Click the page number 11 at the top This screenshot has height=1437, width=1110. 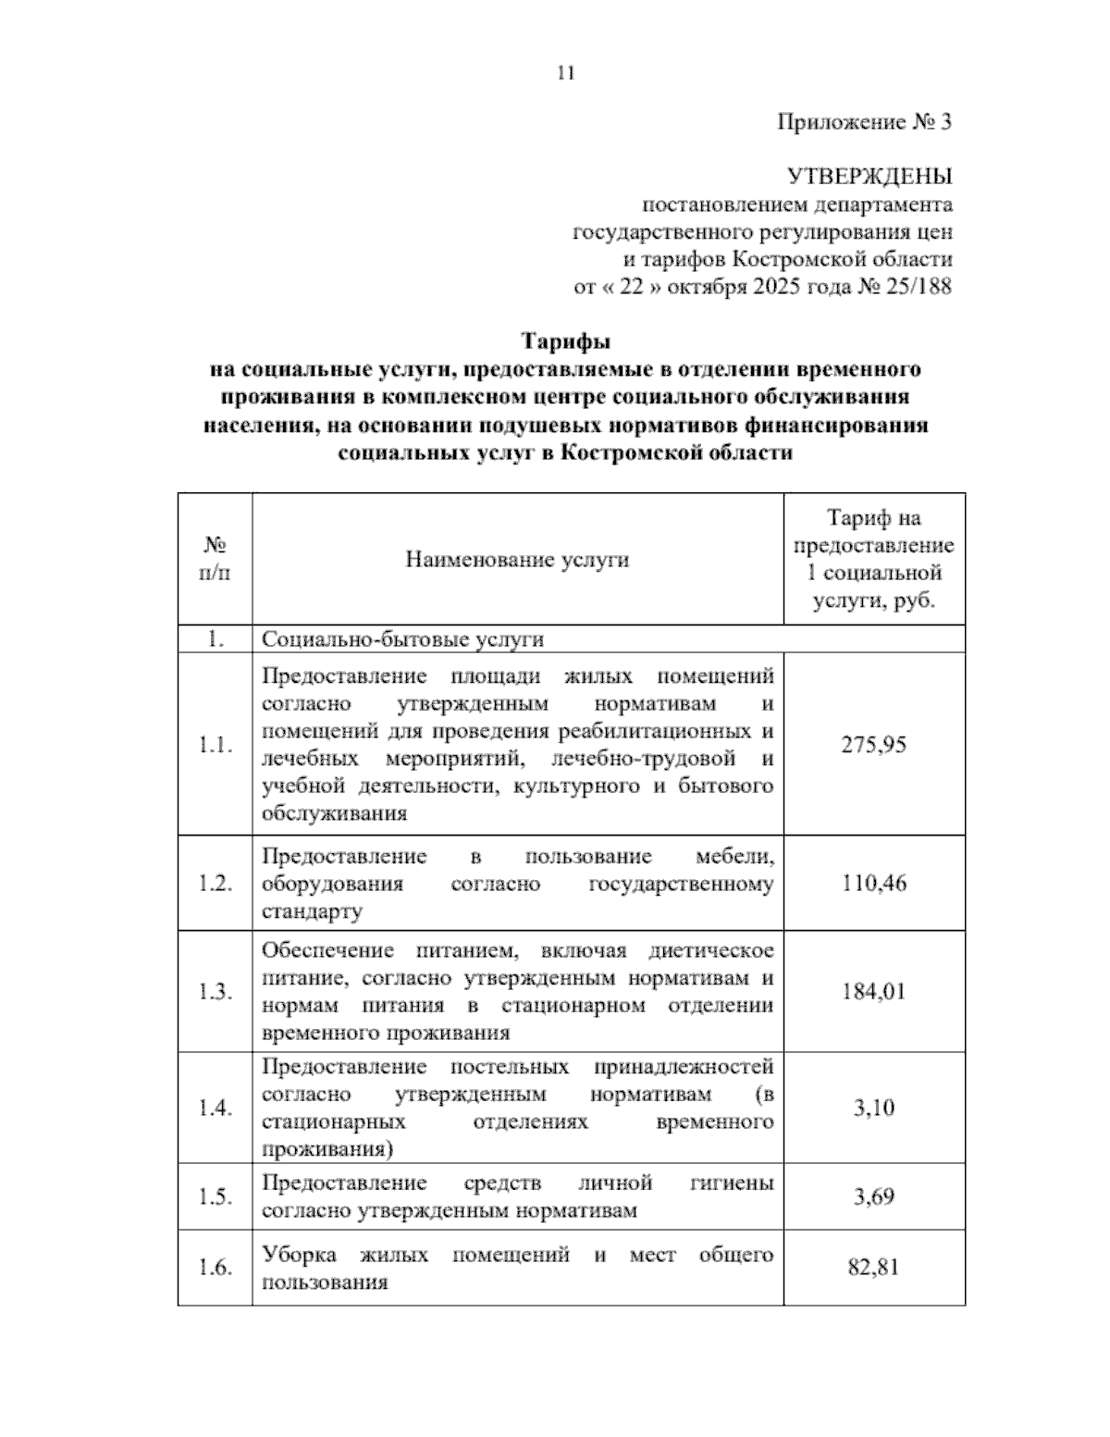(566, 73)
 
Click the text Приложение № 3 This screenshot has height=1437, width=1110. (864, 122)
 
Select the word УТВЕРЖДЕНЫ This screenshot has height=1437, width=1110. (869, 176)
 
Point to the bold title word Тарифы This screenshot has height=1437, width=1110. (566, 341)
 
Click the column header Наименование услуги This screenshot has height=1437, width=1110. (517, 560)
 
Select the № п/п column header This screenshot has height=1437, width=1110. (215, 559)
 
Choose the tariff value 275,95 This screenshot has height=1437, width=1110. (873, 745)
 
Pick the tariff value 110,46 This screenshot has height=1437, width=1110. (873, 883)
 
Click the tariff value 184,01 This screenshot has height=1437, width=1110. (873, 991)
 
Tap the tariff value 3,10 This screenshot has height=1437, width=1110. (873, 1108)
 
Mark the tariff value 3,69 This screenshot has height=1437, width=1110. (873, 1196)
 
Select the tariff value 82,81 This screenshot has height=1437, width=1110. (873, 1268)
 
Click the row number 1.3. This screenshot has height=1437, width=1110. (215, 992)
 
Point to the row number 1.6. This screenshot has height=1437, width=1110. (215, 1268)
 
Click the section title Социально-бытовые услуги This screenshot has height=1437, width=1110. (403, 639)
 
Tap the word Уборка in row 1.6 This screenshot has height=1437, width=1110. (298, 1256)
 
